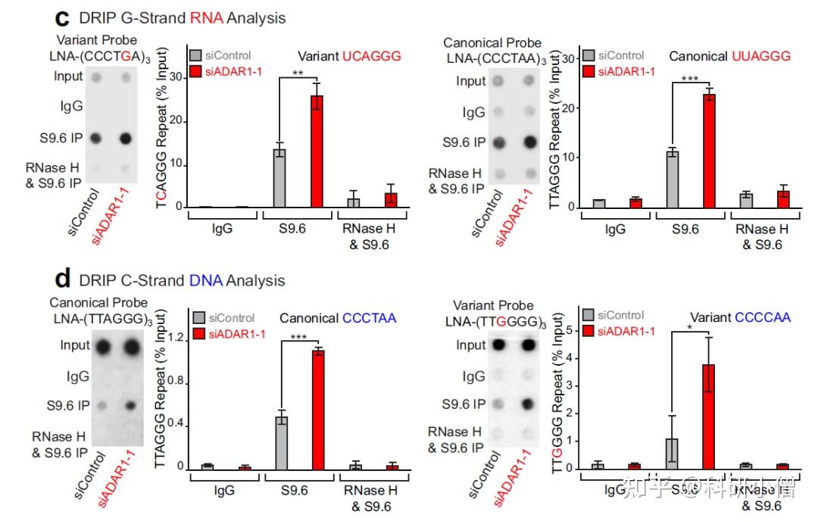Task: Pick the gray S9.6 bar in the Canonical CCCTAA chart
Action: pos(281,442)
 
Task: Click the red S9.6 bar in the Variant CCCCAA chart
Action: pos(708,416)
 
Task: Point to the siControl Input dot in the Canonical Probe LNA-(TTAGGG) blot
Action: pos(101,348)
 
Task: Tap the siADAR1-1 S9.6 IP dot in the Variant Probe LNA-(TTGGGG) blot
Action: pos(528,404)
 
